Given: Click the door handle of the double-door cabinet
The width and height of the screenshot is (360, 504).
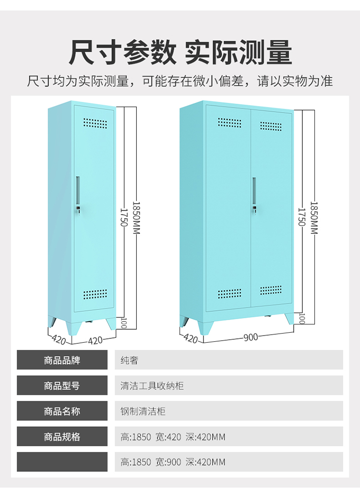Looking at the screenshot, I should [254, 190].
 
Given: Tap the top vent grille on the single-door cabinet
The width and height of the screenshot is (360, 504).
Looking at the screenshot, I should [95, 123].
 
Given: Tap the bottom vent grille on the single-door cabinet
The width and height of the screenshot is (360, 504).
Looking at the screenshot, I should [95, 294].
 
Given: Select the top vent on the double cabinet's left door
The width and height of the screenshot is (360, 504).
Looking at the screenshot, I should [229, 122].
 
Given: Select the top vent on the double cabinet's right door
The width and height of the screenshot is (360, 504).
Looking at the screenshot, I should [271, 126].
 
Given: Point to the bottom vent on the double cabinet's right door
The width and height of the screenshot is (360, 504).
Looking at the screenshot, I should [271, 290].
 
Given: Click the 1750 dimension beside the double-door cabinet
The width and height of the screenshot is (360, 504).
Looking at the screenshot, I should [301, 216].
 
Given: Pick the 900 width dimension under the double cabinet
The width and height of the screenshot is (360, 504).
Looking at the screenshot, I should [250, 337].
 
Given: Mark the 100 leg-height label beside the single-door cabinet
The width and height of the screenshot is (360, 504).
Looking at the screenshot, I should [123, 323].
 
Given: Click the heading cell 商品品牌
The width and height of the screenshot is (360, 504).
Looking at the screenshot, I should [62, 360].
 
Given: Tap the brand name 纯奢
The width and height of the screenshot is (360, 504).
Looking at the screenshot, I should [129, 360].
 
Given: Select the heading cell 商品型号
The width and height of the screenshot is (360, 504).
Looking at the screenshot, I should [62, 385].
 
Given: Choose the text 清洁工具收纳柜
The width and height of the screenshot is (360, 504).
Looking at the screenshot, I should [152, 385].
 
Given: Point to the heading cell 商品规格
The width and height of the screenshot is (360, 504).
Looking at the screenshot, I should [62, 437].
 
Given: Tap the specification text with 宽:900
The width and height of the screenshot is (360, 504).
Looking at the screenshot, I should [173, 462].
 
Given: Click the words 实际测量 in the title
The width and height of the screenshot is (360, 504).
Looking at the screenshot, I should [239, 52].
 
